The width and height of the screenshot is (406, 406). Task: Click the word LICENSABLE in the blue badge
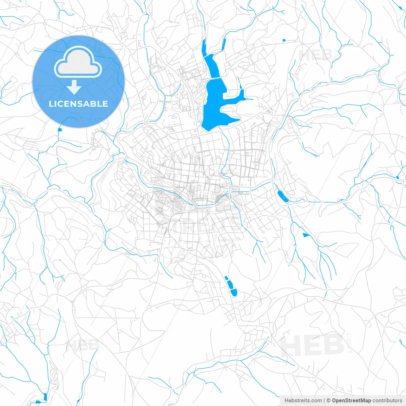78,104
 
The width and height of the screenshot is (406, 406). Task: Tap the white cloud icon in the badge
78,62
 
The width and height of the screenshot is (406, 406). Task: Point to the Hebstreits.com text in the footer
303,401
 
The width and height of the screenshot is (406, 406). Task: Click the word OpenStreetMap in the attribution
351,401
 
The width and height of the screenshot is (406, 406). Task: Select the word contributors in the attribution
387,401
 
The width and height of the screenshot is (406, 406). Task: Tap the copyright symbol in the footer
328,401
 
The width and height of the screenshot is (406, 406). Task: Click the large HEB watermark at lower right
312,345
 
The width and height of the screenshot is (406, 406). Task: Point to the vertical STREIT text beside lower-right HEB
350,343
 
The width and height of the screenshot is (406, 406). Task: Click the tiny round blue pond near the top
284,40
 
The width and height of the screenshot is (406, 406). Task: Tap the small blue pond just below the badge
59,129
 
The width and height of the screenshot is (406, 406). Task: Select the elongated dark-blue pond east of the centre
282,197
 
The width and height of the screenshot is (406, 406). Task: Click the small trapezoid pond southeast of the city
306,235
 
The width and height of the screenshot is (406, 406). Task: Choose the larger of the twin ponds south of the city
234,292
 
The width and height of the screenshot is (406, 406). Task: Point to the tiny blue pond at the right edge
397,177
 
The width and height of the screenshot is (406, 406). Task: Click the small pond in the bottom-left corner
45,396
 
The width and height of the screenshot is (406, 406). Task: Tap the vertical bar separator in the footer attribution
324,401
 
